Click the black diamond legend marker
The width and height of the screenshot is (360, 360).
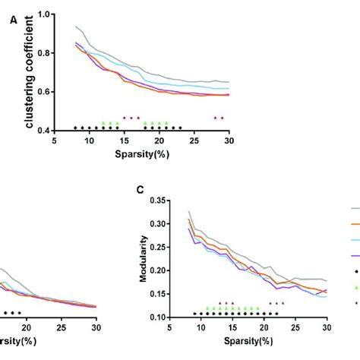355,270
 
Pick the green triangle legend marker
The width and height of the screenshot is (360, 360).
355,286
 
